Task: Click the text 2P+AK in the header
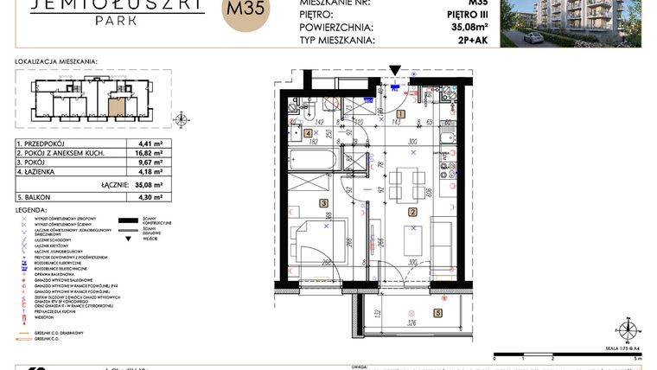(477, 39)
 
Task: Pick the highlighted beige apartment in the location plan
(116, 108)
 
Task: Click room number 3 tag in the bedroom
(323, 203)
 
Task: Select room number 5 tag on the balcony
(437, 313)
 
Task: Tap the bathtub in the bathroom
(312, 160)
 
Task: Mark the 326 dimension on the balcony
(411, 324)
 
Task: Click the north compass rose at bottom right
(625, 329)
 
